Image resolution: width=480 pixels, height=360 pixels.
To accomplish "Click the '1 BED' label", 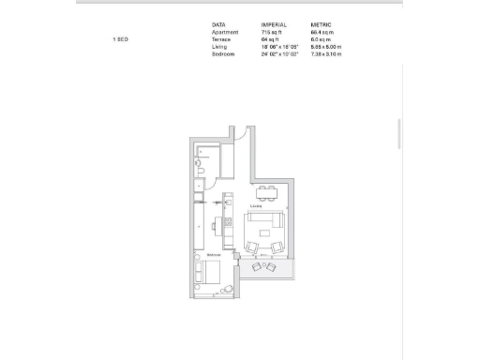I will click(x=120, y=40).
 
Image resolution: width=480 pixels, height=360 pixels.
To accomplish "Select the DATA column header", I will click(x=218, y=24).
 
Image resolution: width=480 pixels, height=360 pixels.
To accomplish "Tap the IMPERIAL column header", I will click(x=275, y=24).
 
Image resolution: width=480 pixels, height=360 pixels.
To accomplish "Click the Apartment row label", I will click(x=225, y=32).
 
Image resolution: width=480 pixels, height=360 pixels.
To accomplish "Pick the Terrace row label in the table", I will click(x=222, y=40).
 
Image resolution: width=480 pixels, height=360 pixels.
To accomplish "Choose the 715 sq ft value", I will click(x=272, y=32).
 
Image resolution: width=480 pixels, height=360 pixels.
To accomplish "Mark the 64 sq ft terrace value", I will click(x=270, y=40).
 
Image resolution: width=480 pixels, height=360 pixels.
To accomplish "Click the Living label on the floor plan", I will click(x=255, y=206).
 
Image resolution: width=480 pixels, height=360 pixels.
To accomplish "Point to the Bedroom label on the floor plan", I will click(x=214, y=255).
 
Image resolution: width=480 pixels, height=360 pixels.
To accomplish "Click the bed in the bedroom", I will click(x=208, y=275).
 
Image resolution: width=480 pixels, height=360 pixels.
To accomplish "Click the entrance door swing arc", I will click(x=239, y=133).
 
